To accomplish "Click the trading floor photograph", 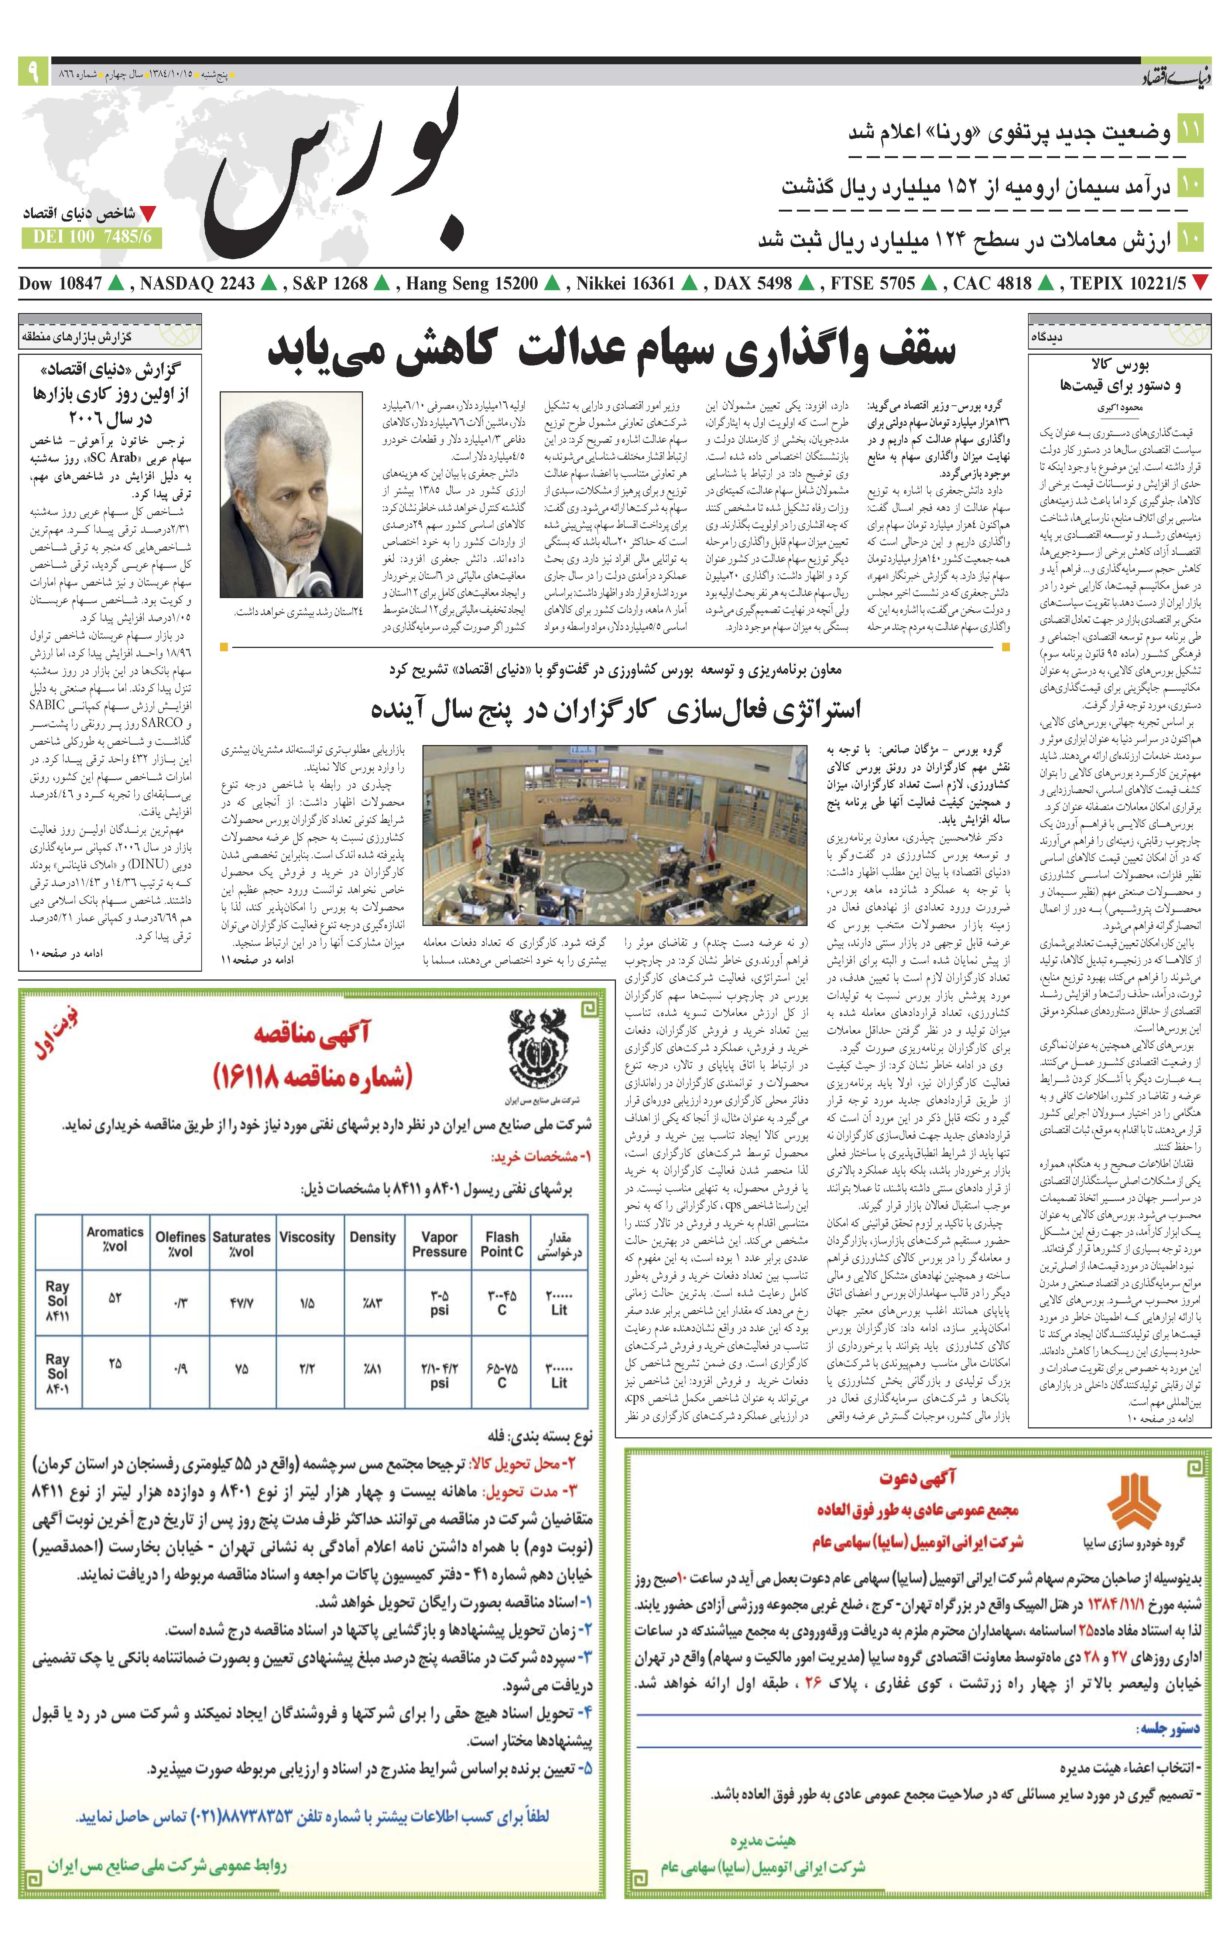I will point(615,835).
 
